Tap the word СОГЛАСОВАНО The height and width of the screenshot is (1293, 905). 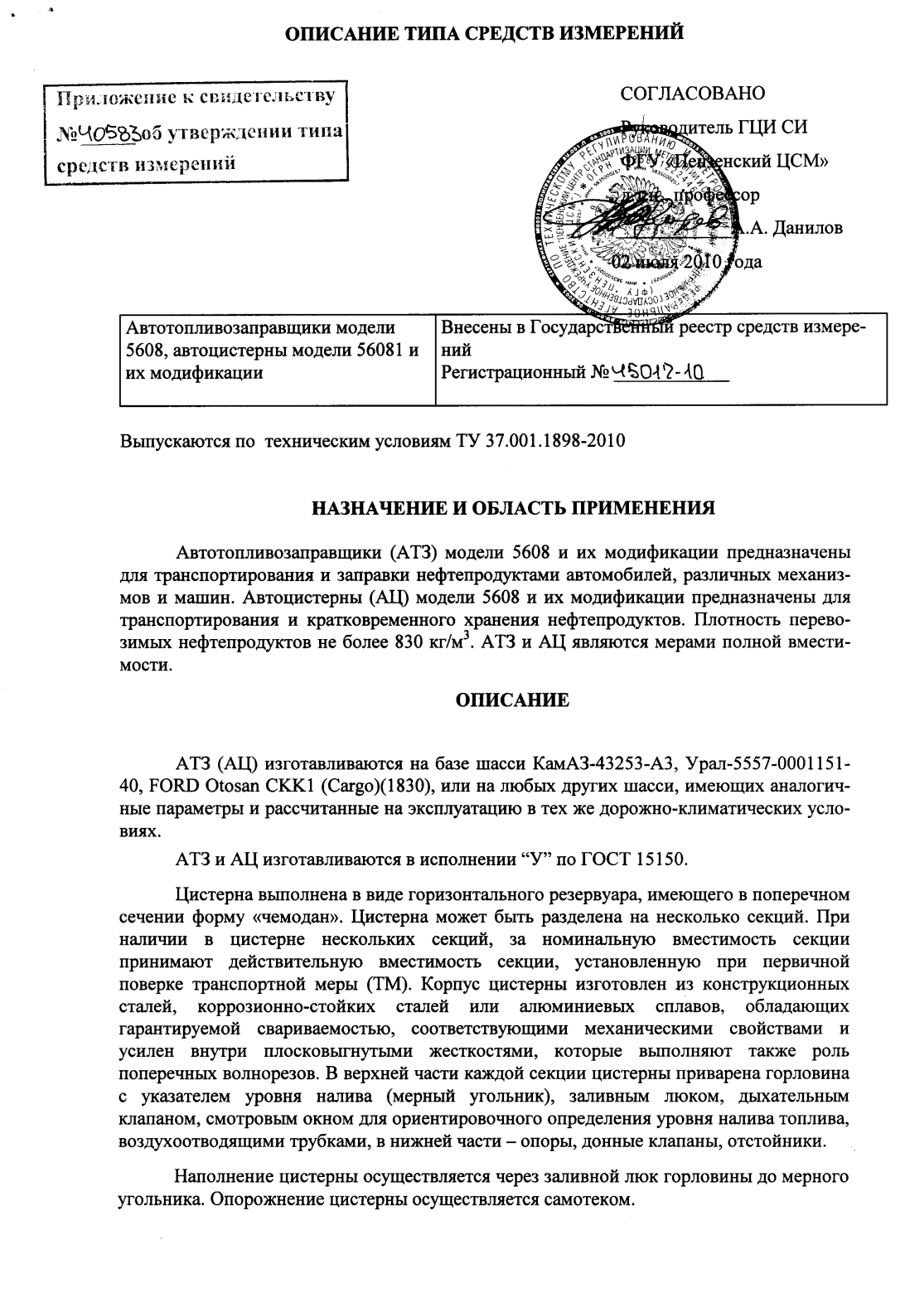point(692,93)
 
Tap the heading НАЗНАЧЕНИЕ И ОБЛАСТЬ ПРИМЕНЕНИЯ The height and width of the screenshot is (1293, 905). point(512,507)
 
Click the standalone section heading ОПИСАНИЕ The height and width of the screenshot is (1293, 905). point(513,700)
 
